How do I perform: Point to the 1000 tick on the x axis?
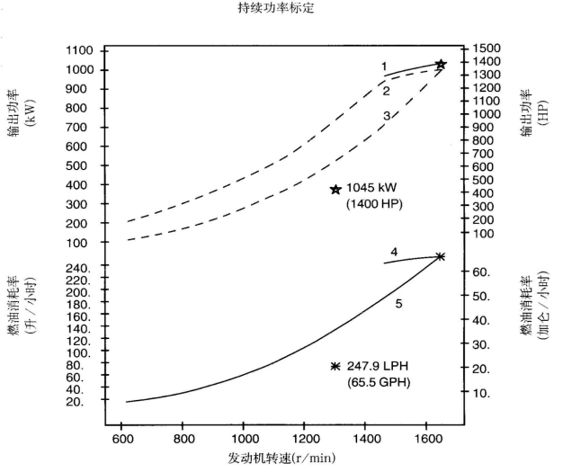pos(244,440)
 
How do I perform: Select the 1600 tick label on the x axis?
pos(426,440)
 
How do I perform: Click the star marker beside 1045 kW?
pos(335,190)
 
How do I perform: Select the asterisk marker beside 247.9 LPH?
pos(335,366)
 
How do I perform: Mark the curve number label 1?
pos(383,67)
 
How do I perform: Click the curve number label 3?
pos(385,116)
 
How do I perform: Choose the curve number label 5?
pos(398,304)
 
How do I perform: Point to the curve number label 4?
pos(394,251)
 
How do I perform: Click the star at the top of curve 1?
pos(441,65)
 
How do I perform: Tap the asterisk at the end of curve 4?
pos(440,256)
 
